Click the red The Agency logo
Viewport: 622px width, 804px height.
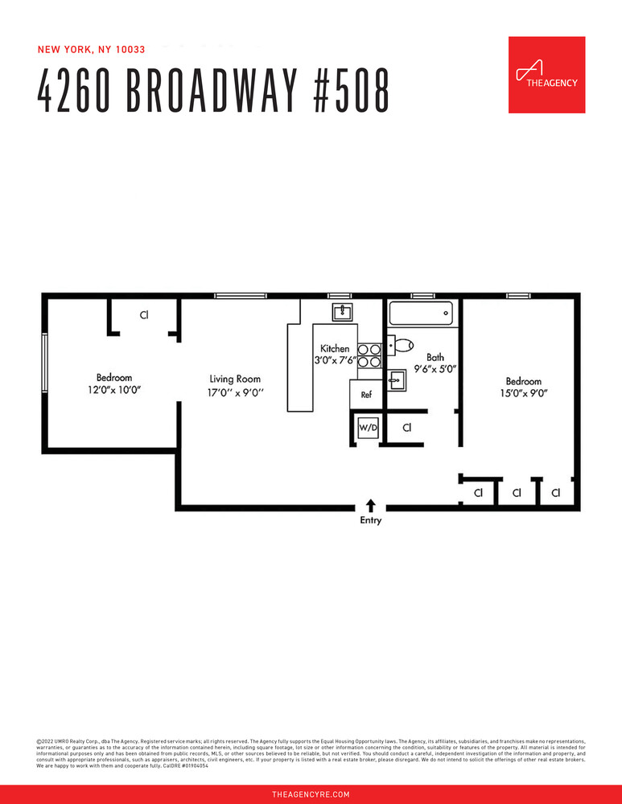pos(546,75)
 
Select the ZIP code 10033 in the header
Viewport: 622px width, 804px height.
pos(130,49)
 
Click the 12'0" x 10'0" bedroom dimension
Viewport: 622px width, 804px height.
pos(114,392)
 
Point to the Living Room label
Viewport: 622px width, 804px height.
pos(235,379)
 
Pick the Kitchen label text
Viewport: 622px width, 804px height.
pos(335,349)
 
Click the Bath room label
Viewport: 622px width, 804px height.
pos(435,357)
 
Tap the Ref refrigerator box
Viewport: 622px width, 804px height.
pos(366,395)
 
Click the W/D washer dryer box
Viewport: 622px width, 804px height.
pos(367,428)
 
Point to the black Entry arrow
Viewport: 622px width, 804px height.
pos(371,505)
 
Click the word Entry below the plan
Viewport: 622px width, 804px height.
pos(371,521)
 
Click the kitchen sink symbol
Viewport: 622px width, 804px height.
pos(343,311)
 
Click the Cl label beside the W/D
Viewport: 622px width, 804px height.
pos(407,428)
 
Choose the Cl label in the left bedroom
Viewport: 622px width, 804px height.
pos(144,315)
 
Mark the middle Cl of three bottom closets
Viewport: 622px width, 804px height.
pos(517,492)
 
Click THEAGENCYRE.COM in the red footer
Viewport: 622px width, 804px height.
pos(311,794)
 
